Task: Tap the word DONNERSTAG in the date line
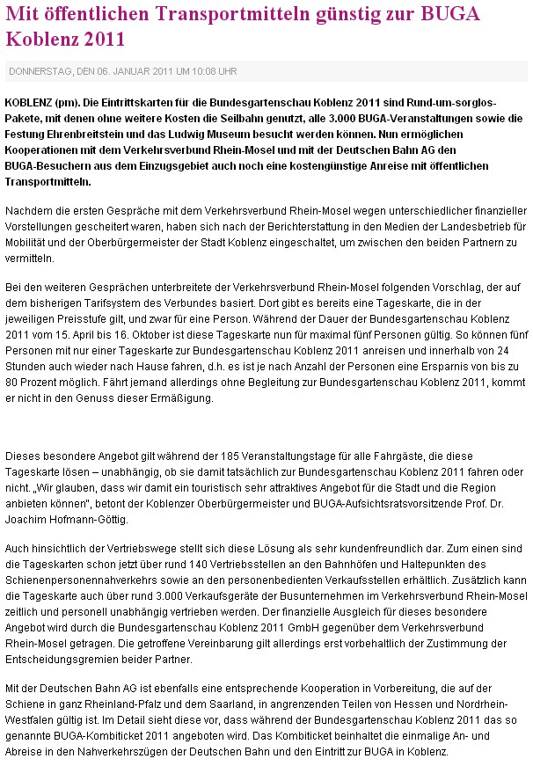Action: [40, 71]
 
